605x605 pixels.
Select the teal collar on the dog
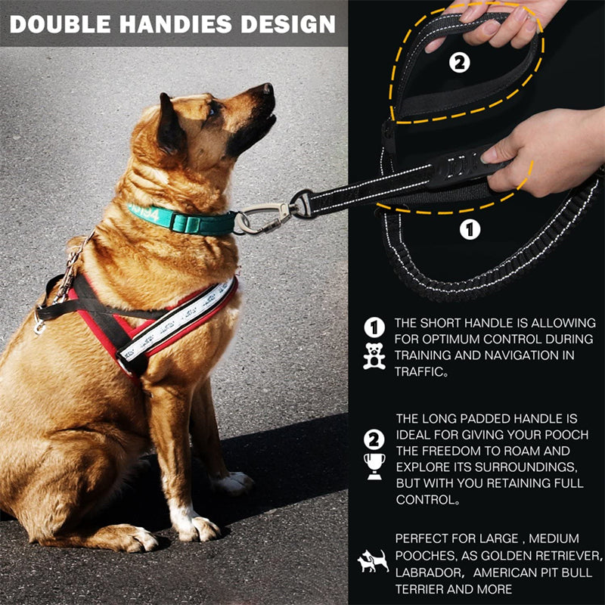click(181, 220)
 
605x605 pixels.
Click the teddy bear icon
click(374, 355)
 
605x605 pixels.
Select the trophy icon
click(374, 465)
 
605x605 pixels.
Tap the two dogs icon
click(373, 560)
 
